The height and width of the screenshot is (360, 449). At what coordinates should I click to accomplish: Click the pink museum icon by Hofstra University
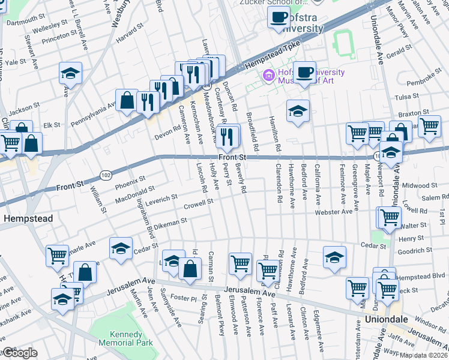[268, 76]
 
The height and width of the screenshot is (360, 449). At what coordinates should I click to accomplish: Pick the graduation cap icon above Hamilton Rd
[298, 111]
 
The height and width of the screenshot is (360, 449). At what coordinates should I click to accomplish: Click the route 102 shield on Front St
[106, 174]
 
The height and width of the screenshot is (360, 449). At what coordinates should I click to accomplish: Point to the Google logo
[19, 353]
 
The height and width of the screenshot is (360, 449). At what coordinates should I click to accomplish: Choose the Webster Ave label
[334, 212]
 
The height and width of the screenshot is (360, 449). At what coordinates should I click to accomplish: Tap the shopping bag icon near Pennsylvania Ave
[128, 101]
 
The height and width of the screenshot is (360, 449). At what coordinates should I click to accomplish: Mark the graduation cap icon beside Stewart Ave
[70, 74]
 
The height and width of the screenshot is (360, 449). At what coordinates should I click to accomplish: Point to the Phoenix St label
[131, 178]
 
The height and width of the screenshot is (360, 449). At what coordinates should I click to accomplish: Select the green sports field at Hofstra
[344, 42]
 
